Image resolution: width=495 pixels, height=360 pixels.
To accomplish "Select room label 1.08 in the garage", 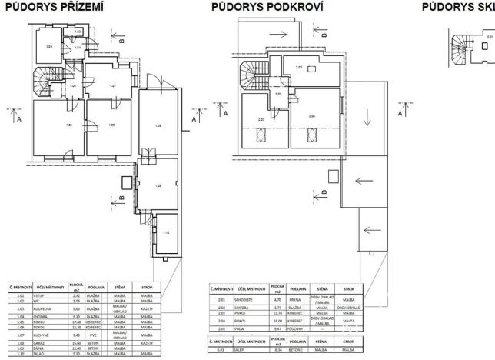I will point(159,125).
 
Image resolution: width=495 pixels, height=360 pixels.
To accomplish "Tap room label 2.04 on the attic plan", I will point(311,116).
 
